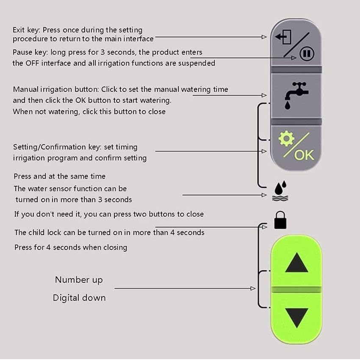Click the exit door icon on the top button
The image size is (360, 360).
click(283, 38)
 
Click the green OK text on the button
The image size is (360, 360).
click(304, 155)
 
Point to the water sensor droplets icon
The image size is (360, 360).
click(280, 190)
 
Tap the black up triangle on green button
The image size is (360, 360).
click(296, 263)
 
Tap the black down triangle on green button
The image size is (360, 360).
click(296, 318)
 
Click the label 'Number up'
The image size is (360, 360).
click(79, 280)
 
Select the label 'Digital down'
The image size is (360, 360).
click(79, 298)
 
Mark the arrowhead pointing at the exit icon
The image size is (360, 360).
click(264, 37)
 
